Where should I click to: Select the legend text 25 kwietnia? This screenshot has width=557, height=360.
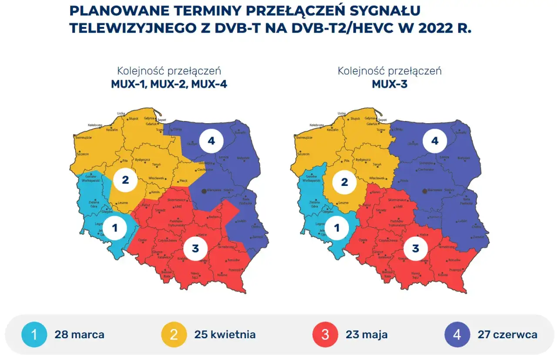(225, 335)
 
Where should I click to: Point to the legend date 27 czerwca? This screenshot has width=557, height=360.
(507, 335)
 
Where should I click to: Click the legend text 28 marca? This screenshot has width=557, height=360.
(79, 335)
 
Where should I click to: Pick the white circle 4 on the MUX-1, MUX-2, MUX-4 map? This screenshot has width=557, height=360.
(211, 141)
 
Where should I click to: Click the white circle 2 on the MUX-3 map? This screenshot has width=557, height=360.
(344, 182)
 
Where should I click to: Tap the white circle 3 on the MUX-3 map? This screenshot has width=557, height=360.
(415, 249)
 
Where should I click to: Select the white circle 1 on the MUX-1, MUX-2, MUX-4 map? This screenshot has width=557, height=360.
(115, 228)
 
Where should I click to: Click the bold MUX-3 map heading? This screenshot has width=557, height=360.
(389, 84)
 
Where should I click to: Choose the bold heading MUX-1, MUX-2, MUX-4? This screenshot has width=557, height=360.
(169, 84)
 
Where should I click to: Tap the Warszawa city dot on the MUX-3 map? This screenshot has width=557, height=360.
(424, 191)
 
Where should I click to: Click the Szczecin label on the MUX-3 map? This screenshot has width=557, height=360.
(303, 154)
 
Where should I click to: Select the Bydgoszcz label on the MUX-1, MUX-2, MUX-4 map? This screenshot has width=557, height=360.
(142, 160)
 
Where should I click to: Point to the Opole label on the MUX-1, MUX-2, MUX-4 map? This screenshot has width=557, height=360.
(142, 240)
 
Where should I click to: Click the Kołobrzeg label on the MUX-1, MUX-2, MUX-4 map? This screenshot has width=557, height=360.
(95, 125)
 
